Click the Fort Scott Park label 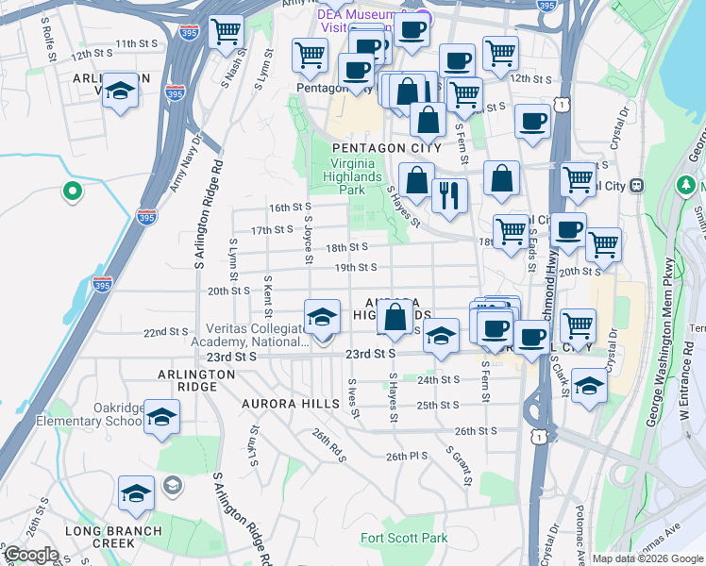[404, 539]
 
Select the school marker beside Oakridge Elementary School [162, 416]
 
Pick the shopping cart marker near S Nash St [226, 32]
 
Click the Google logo [31, 555]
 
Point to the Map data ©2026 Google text [647, 558]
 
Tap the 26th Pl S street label [407, 457]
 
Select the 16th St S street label [290, 208]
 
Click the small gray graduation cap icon [172, 486]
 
